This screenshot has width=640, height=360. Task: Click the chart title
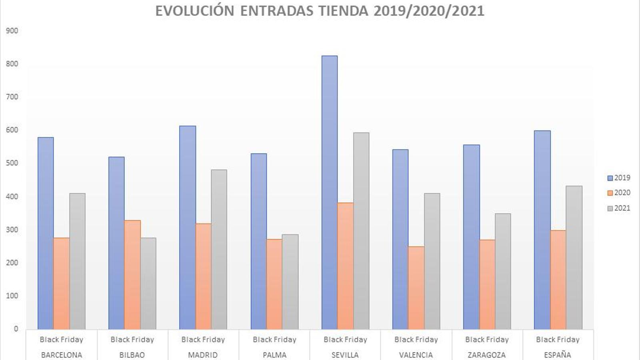coord(320,11)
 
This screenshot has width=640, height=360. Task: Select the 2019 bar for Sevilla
coord(329,192)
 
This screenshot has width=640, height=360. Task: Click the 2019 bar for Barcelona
coord(46,233)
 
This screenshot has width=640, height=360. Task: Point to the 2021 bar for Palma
coord(290,282)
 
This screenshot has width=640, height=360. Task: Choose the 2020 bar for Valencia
coord(416,288)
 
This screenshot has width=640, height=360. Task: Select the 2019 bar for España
coord(542,230)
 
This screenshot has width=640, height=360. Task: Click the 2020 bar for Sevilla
coord(345,266)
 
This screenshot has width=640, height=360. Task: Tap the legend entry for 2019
coord(619,178)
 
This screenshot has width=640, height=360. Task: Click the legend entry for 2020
coord(619,193)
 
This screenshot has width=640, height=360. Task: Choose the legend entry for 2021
coord(619,208)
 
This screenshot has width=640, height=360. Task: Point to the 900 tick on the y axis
coord(12,31)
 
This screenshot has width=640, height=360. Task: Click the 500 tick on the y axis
coord(12,163)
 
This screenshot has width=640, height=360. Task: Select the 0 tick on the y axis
coord(16,329)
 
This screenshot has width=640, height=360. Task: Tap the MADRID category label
coord(203,355)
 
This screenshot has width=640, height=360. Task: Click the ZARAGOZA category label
coord(486,355)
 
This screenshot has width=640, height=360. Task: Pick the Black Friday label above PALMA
coord(274,340)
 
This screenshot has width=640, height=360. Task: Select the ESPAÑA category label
coord(557,355)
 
